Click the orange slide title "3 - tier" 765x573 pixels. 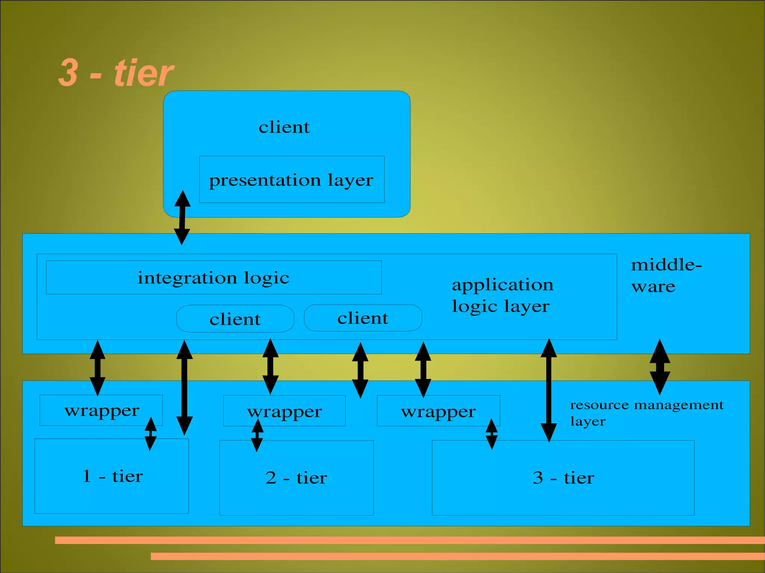tap(116, 73)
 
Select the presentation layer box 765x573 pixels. tap(291, 180)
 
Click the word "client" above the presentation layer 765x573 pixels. tap(284, 127)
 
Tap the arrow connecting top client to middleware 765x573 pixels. tap(182, 217)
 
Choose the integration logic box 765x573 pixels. tap(213, 278)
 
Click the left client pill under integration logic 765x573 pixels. tap(235, 319)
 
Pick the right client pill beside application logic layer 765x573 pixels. tap(363, 318)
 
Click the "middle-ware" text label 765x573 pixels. tap(666, 275)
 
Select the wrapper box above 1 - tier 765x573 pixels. tap(101, 410)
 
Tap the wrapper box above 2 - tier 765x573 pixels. tap(284, 411)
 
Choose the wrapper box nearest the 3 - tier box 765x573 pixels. tap(438, 411)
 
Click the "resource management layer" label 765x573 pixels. tap(646, 412)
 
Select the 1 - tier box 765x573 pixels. tap(112, 476)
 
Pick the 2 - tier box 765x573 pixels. tap(296, 478)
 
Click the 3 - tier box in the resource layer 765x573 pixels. tap(563, 478)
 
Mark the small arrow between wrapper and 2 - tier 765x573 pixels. tap(257, 435)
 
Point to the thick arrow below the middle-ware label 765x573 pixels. tap(660, 367)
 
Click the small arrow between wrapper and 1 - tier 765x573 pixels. tap(151, 434)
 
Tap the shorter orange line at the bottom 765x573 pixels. tap(458, 556)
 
